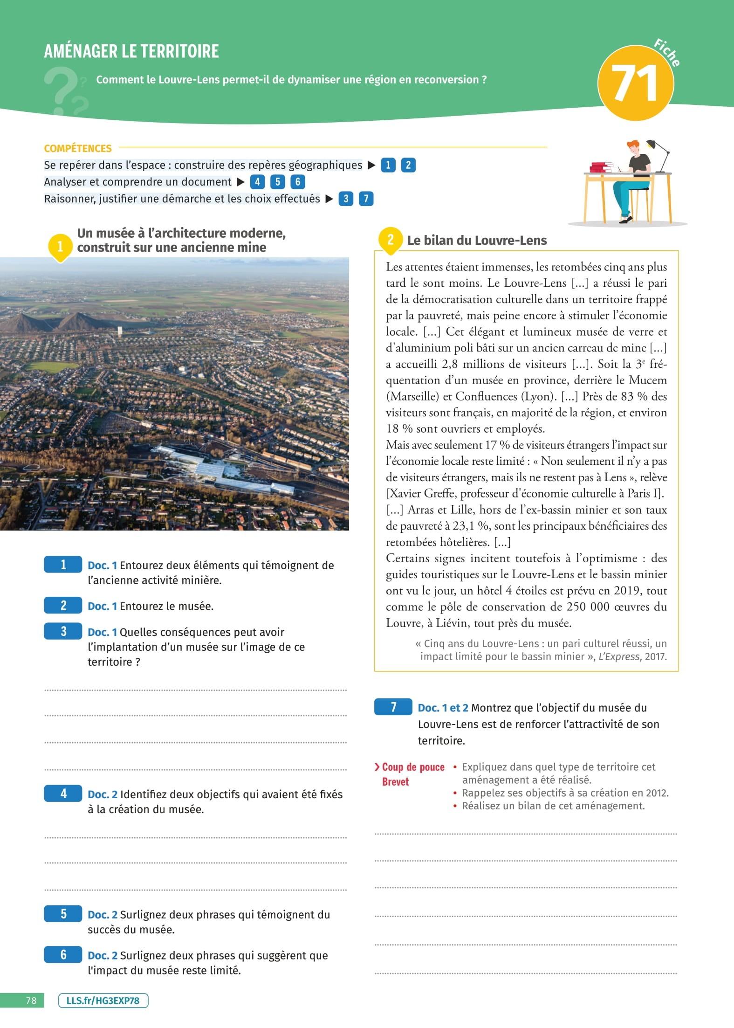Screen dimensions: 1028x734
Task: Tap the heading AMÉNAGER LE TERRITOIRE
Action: point(131,51)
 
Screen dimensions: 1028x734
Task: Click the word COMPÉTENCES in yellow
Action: point(78,148)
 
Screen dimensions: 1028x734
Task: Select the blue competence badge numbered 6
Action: point(298,182)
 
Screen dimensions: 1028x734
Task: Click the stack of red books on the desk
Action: point(601,167)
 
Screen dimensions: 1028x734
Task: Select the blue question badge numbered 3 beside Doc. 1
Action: point(63,631)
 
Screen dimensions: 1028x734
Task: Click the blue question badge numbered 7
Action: point(393,707)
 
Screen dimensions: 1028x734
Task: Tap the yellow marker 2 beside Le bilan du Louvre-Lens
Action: point(391,240)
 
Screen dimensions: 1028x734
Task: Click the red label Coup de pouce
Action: point(413,767)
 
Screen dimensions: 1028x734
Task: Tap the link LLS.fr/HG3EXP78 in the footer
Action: point(103,1000)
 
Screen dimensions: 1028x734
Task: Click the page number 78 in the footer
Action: point(31,1000)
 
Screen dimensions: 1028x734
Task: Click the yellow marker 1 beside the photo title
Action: point(60,246)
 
